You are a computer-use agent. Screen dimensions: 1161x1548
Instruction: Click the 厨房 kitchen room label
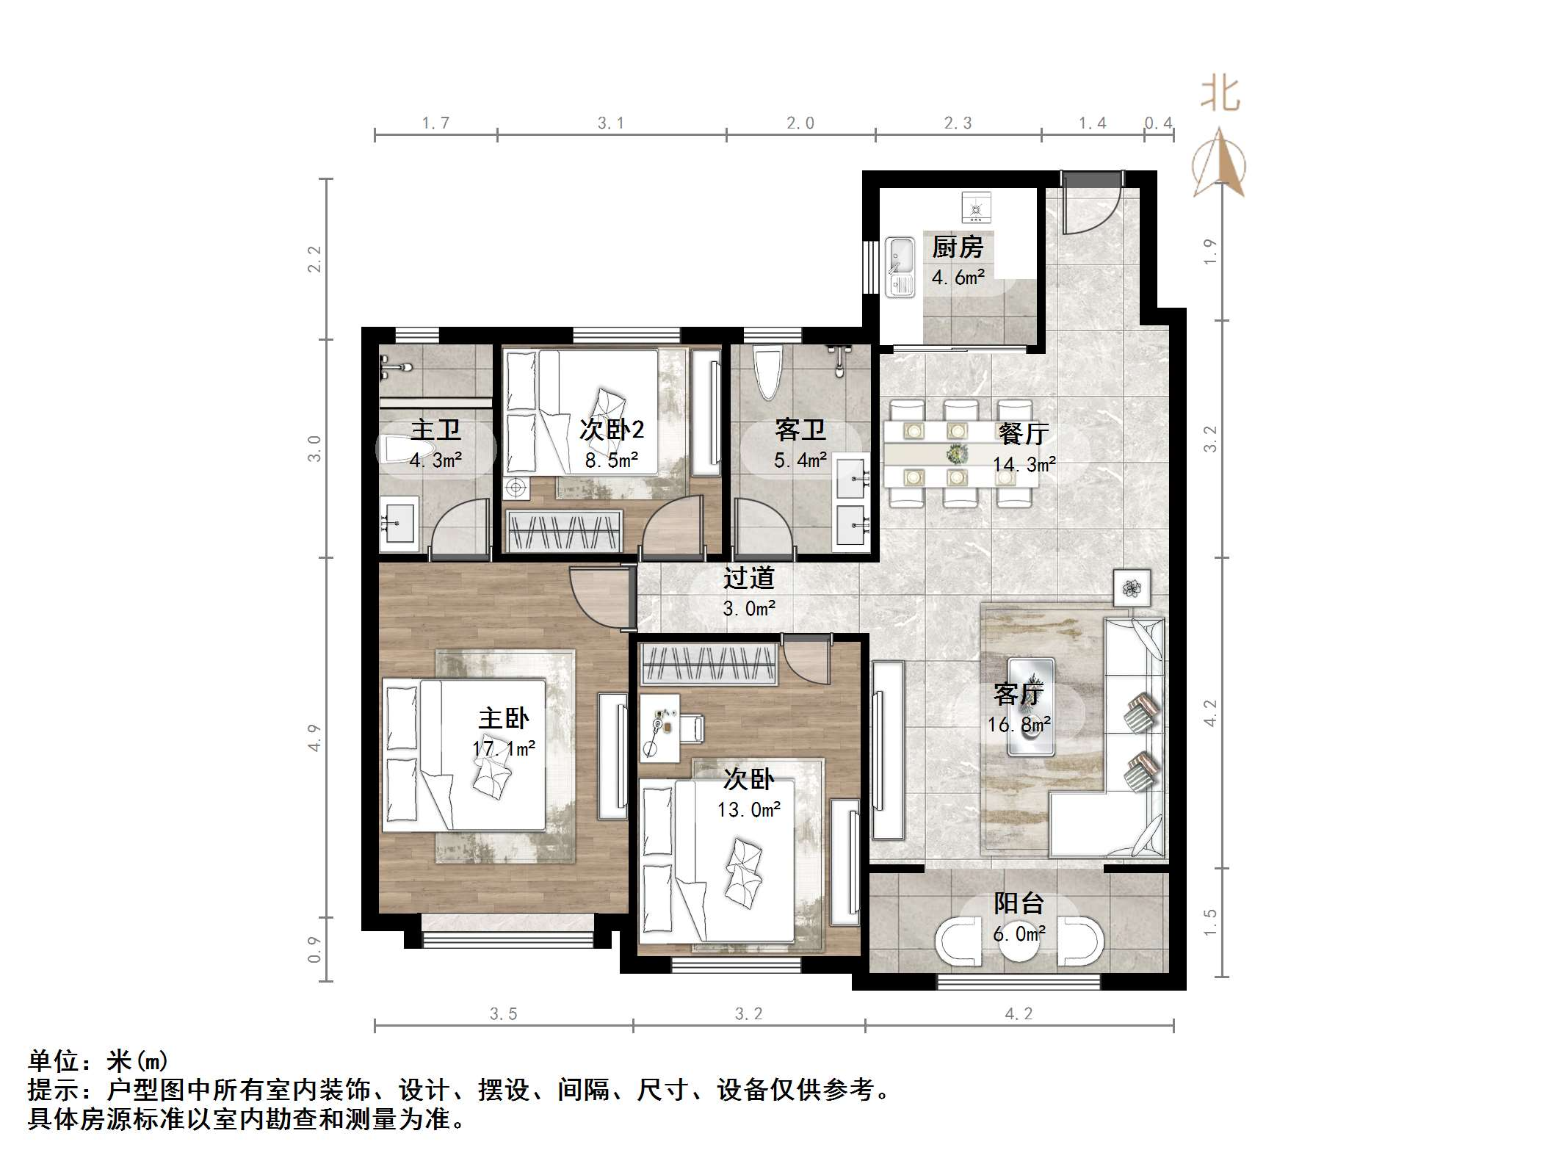pos(957,247)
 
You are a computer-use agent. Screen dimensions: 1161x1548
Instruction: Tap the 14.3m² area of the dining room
pos(1024,464)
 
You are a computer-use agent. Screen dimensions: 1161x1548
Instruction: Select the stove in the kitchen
pos(976,208)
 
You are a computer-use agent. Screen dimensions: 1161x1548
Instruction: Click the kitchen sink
pos(900,267)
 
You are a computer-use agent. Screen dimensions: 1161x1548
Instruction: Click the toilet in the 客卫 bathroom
pos(767,373)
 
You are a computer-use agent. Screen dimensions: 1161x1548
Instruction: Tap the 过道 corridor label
pos(748,578)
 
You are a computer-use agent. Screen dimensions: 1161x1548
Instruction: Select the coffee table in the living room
pos(1031,706)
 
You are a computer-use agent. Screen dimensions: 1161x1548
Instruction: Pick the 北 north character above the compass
pos(1220,95)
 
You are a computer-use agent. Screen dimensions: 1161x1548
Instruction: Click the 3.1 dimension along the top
pos(610,123)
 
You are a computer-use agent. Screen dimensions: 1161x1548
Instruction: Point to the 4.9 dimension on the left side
pos(314,737)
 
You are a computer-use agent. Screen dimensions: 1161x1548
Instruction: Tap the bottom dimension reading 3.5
pos(503,1014)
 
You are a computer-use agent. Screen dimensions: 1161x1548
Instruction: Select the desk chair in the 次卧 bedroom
pos(690,728)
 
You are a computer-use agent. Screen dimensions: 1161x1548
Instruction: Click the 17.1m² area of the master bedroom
pos(504,748)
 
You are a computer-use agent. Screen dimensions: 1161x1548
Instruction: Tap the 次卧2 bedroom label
pos(611,429)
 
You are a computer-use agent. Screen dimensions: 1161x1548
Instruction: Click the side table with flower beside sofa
pos(1131,587)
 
